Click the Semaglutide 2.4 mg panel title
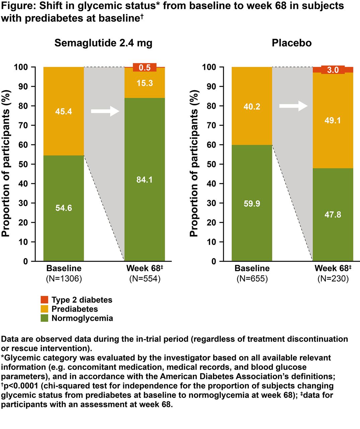[103, 43]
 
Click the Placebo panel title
[292, 43]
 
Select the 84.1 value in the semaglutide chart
[144, 180]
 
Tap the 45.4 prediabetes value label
[64, 111]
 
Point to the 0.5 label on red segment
[145, 67]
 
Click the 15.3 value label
[145, 83]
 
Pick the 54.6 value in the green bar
[64, 208]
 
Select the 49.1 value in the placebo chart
[333, 120]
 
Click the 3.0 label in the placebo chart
[333, 70]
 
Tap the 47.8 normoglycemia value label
[333, 214]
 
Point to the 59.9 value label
[252, 204]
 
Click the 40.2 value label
[252, 106]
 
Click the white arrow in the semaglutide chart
[105, 111]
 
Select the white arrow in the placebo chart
[293, 106]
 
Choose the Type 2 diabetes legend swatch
[45, 300]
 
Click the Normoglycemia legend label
[82, 318]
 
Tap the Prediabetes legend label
[75, 309]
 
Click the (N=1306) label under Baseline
[64, 279]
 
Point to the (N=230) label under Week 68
[333, 279]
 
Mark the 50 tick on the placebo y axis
[211, 164]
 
